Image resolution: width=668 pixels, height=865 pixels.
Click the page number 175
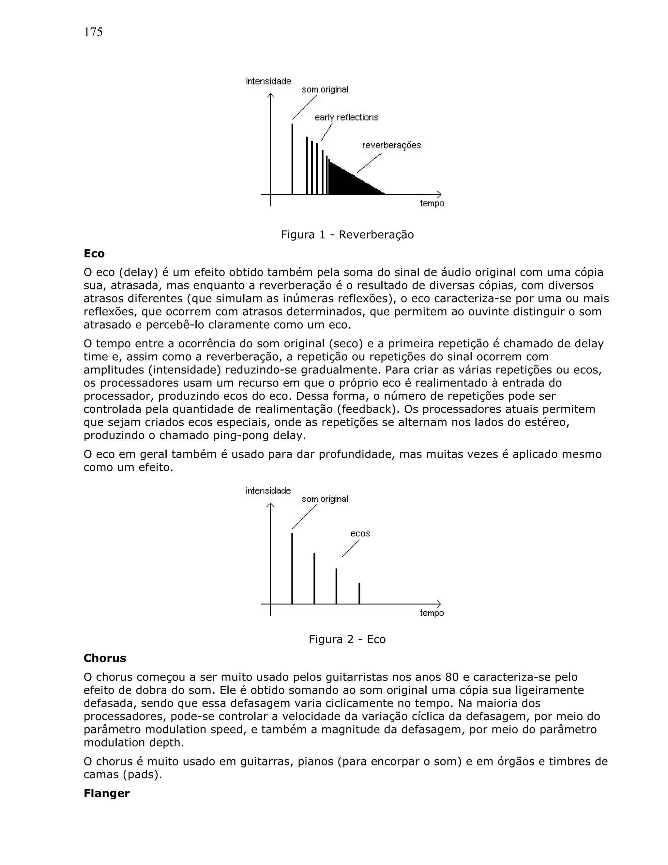coord(93,32)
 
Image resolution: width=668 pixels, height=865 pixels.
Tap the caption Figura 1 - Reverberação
coord(347,235)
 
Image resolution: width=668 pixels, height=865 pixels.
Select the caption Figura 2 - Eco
coord(347,639)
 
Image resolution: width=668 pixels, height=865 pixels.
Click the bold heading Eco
coord(94,254)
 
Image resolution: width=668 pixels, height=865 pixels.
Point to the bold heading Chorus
coord(105,658)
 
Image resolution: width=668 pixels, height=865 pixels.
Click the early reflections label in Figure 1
coord(346,118)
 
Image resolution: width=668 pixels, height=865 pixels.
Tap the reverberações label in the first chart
coord(391,145)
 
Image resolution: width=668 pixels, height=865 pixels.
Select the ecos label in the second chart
coord(360,533)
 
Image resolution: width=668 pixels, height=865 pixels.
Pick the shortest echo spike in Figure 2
coord(359,593)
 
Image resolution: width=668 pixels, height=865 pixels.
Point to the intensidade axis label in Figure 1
coord(268,81)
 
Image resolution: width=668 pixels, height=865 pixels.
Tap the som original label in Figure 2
coord(325,499)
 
